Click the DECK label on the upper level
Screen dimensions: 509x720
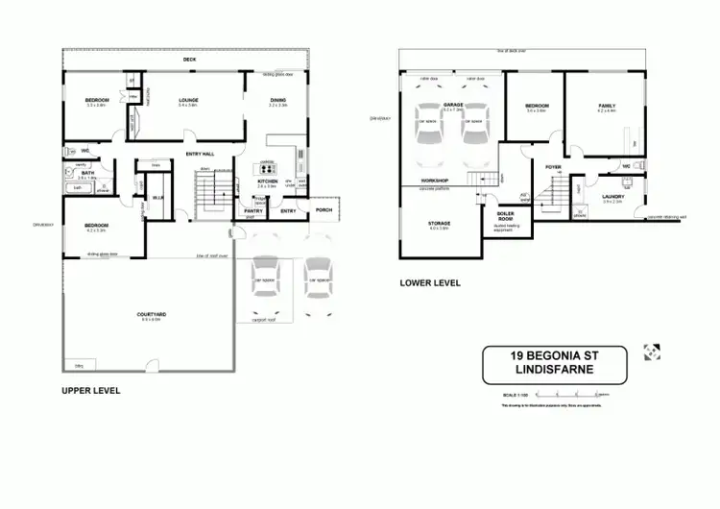tap(189, 60)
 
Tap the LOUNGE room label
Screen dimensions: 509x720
tap(187, 99)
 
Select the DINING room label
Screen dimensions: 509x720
tap(278, 99)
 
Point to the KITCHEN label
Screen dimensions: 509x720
tap(267, 181)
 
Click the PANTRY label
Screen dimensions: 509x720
tap(253, 210)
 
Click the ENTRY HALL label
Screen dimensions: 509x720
tap(200, 154)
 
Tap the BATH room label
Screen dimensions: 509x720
tap(87, 173)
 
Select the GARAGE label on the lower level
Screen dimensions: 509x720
tap(453, 105)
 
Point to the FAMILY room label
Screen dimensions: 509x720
tap(607, 106)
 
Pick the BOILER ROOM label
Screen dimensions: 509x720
tap(506, 218)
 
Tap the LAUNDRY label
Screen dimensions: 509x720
tap(612, 197)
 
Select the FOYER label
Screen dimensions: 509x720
tap(553, 167)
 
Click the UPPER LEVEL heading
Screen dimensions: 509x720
tap(89, 392)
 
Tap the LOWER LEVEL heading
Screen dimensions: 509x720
tap(430, 283)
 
